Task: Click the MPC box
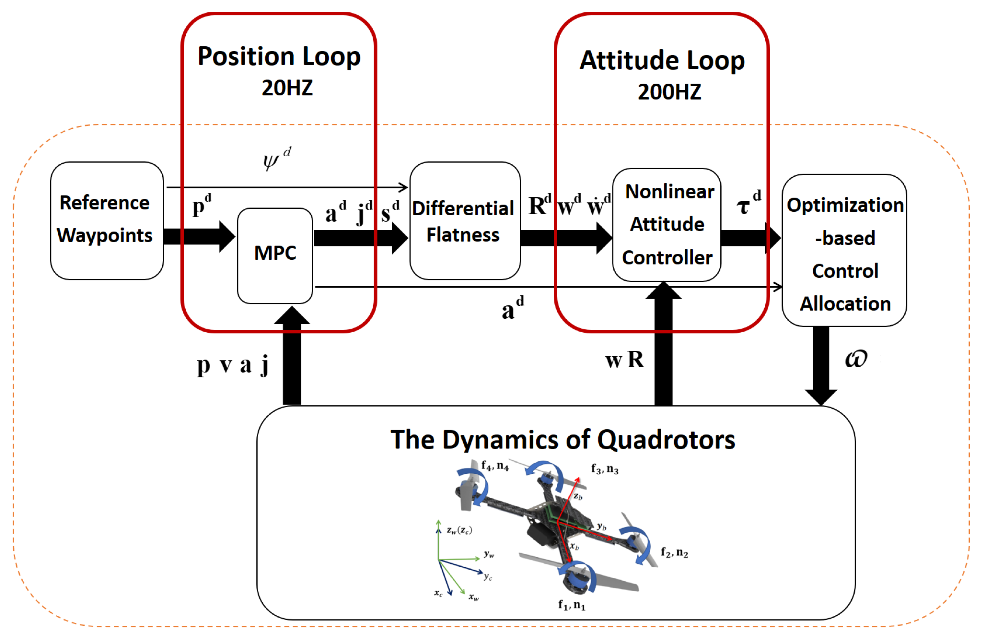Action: coord(275,256)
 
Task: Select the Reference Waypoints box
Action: coord(107,220)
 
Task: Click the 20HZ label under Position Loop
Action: coord(287,88)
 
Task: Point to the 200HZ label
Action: coord(669,92)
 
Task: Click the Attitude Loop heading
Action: coord(662,61)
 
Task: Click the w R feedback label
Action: coord(624,359)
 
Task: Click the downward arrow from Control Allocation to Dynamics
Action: coord(821,365)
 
